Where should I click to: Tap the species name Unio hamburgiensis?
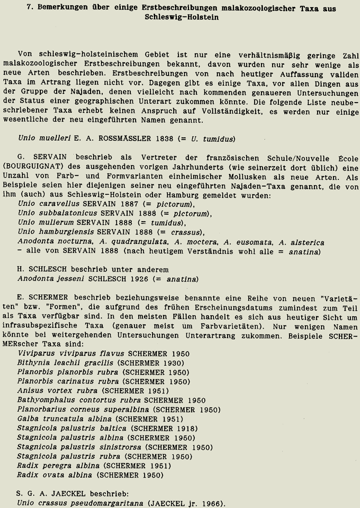52,232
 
